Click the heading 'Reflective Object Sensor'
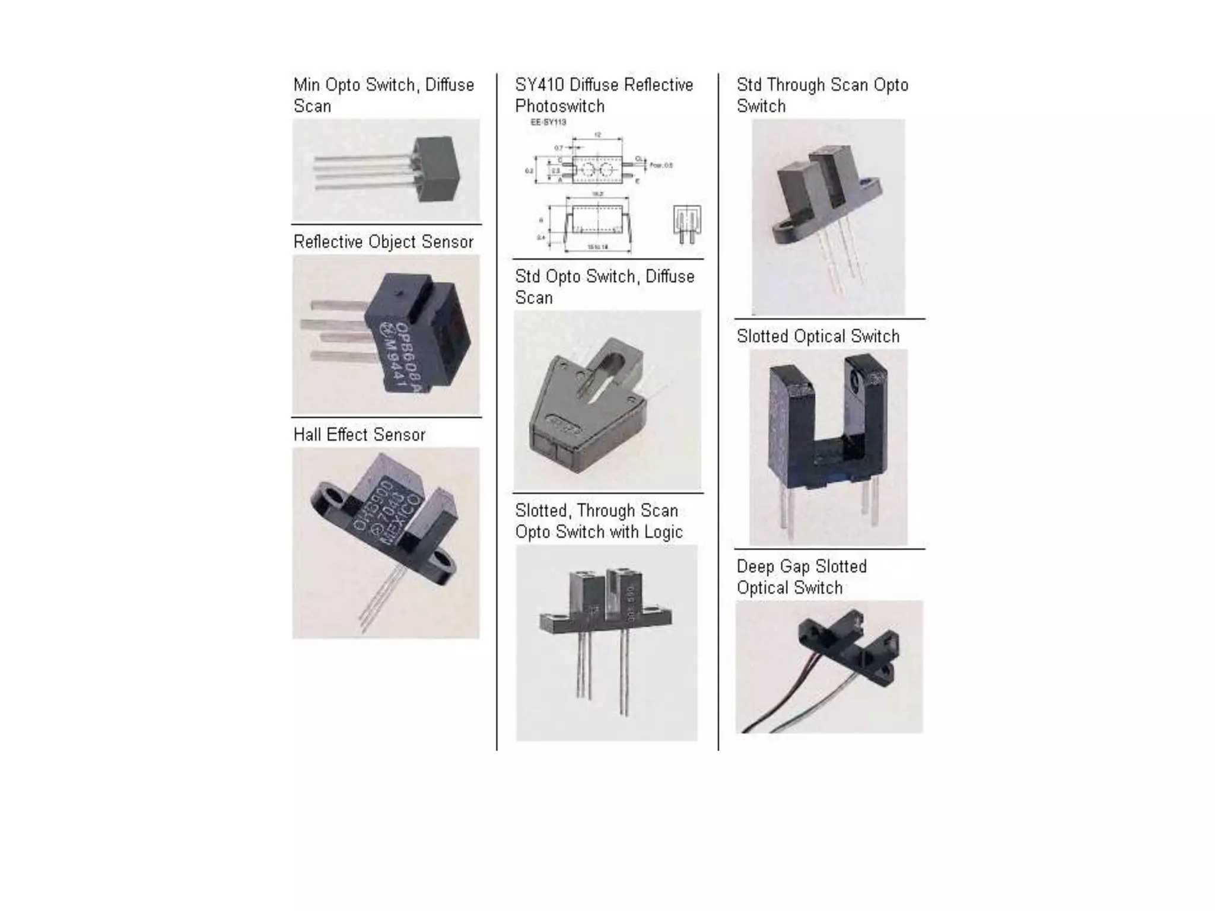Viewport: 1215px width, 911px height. point(383,242)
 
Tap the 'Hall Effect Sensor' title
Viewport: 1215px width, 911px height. point(359,435)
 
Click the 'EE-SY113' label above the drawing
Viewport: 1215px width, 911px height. point(548,122)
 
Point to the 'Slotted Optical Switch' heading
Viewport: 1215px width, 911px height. point(818,336)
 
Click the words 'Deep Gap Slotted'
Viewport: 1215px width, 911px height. point(801,566)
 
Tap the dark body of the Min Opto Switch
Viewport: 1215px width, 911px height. point(439,169)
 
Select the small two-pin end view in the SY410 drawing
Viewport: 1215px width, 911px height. point(687,225)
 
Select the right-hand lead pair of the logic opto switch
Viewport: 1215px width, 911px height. point(624,670)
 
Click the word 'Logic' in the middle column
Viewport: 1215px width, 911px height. point(663,532)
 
